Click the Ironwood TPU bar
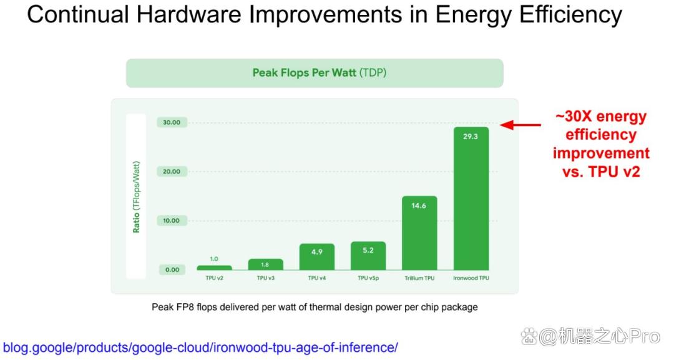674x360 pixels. point(471,198)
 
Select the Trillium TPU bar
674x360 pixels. point(419,233)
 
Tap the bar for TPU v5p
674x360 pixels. point(368,256)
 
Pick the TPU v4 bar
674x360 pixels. point(317,256)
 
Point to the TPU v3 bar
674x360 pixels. point(266,264)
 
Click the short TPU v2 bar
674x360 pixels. point(214,268)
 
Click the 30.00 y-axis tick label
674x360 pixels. point(172,122)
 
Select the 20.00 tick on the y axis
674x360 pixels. point(172,172)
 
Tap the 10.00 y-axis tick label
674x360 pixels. point(172,220)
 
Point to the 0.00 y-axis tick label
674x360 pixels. point(172,270)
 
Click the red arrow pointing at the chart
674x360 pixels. point(520,125)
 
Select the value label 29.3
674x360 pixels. point(471,137)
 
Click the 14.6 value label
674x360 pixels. point(419,206)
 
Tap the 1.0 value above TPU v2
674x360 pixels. point(214,259)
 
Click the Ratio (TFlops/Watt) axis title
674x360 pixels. point(136,197)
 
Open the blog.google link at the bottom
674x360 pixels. point(200,347)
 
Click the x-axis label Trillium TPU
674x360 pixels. point(419,278)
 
